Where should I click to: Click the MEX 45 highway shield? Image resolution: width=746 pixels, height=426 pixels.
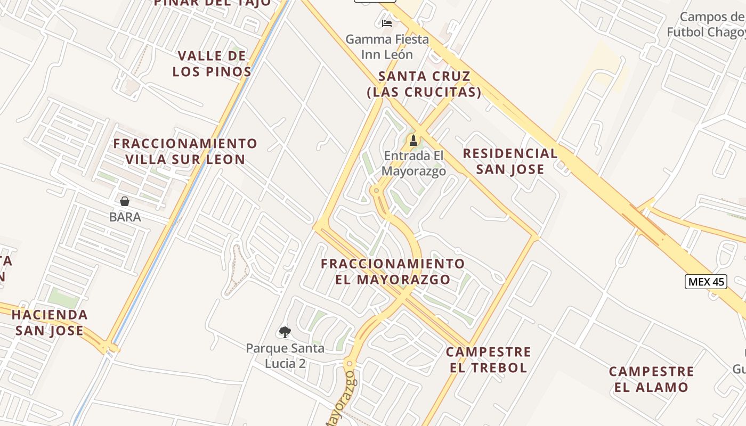pyautogui.click(x=706, y=282)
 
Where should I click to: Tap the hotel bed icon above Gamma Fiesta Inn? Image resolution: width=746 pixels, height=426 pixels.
pyautogui.click(x=387, y=23)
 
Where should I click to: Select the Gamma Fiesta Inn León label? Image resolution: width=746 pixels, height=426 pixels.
pyautogui.click(x=387, y=47)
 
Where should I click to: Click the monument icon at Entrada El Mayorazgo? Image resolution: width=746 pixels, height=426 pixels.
pyautogui.click(x=412, y=141)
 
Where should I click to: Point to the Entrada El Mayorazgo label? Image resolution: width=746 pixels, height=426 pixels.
pyautogui.click(x=414, y=163)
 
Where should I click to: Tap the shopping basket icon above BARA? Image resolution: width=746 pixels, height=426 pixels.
pyautogui.click(x=125, y=201)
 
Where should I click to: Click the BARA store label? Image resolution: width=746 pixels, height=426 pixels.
pyautogui.click(x=125, y=217)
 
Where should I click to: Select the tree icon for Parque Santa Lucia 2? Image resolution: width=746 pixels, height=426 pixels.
pyautogui.click(x=285, y=332)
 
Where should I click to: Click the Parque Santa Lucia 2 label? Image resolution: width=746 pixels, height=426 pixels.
pyautogui.click(x=285, y=356)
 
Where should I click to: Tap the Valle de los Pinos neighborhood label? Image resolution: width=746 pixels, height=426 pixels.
pyautogui.click(x=212, y=64)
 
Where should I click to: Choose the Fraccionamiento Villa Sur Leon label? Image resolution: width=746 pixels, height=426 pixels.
pyautogui.click(x=185, y=151)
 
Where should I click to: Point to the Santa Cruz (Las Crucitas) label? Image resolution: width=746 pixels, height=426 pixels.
pyautogui.click(x=424, y=84)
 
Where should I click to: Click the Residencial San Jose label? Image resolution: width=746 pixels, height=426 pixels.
pyautogui.click(x=510, y=161)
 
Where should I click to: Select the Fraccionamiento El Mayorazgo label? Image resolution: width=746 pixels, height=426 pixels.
pyautogui.click(x=393, y=271)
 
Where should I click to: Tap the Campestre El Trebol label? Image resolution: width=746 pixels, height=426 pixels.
pyautogui.click(x=489, y=359)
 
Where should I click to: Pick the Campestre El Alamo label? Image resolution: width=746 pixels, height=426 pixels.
pyautogui.click(x=651, y=379)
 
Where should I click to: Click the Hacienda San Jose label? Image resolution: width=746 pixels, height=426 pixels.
pyautogui.click(x=50, y=322)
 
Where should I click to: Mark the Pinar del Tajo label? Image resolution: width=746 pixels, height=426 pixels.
pyautogui.click(x=213, y=3)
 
